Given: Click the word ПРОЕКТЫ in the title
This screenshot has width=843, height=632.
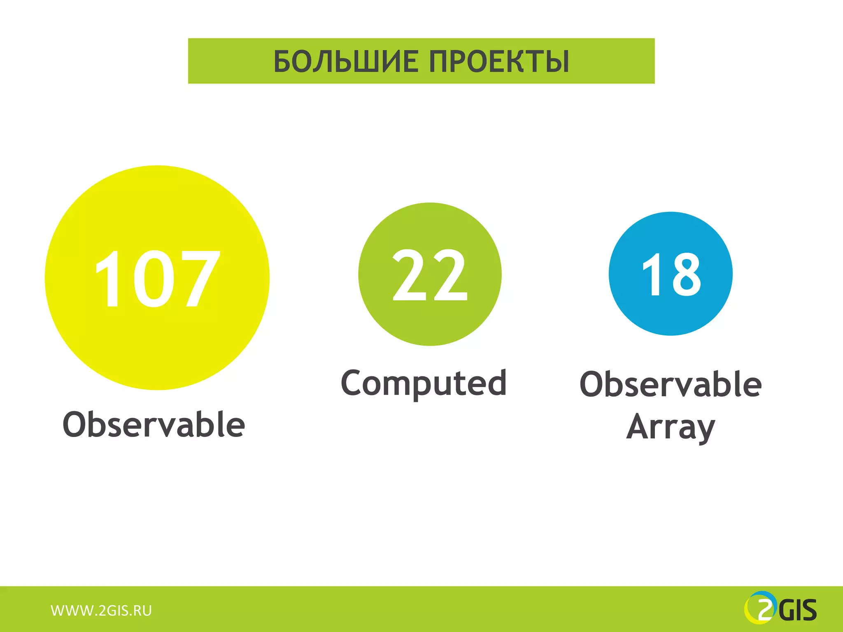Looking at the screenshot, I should tap(499, 61).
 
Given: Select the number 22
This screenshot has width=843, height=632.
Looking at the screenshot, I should tap(430, 275).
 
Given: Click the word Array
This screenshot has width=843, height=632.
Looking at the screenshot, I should tap(671, 427).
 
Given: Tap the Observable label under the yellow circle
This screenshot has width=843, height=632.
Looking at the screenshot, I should tap(154, 424).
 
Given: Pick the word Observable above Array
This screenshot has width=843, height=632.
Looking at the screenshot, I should tap(671, 384).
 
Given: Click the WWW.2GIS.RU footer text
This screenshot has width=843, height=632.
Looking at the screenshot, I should tap(101, 611).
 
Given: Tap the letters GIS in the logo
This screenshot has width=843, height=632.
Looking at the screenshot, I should tap(798, 611).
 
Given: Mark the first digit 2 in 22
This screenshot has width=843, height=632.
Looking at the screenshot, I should tap(410, 275).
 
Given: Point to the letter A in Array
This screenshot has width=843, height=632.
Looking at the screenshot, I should tap(639, 427).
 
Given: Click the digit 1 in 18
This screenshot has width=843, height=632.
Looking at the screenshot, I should tap(653, 274).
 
